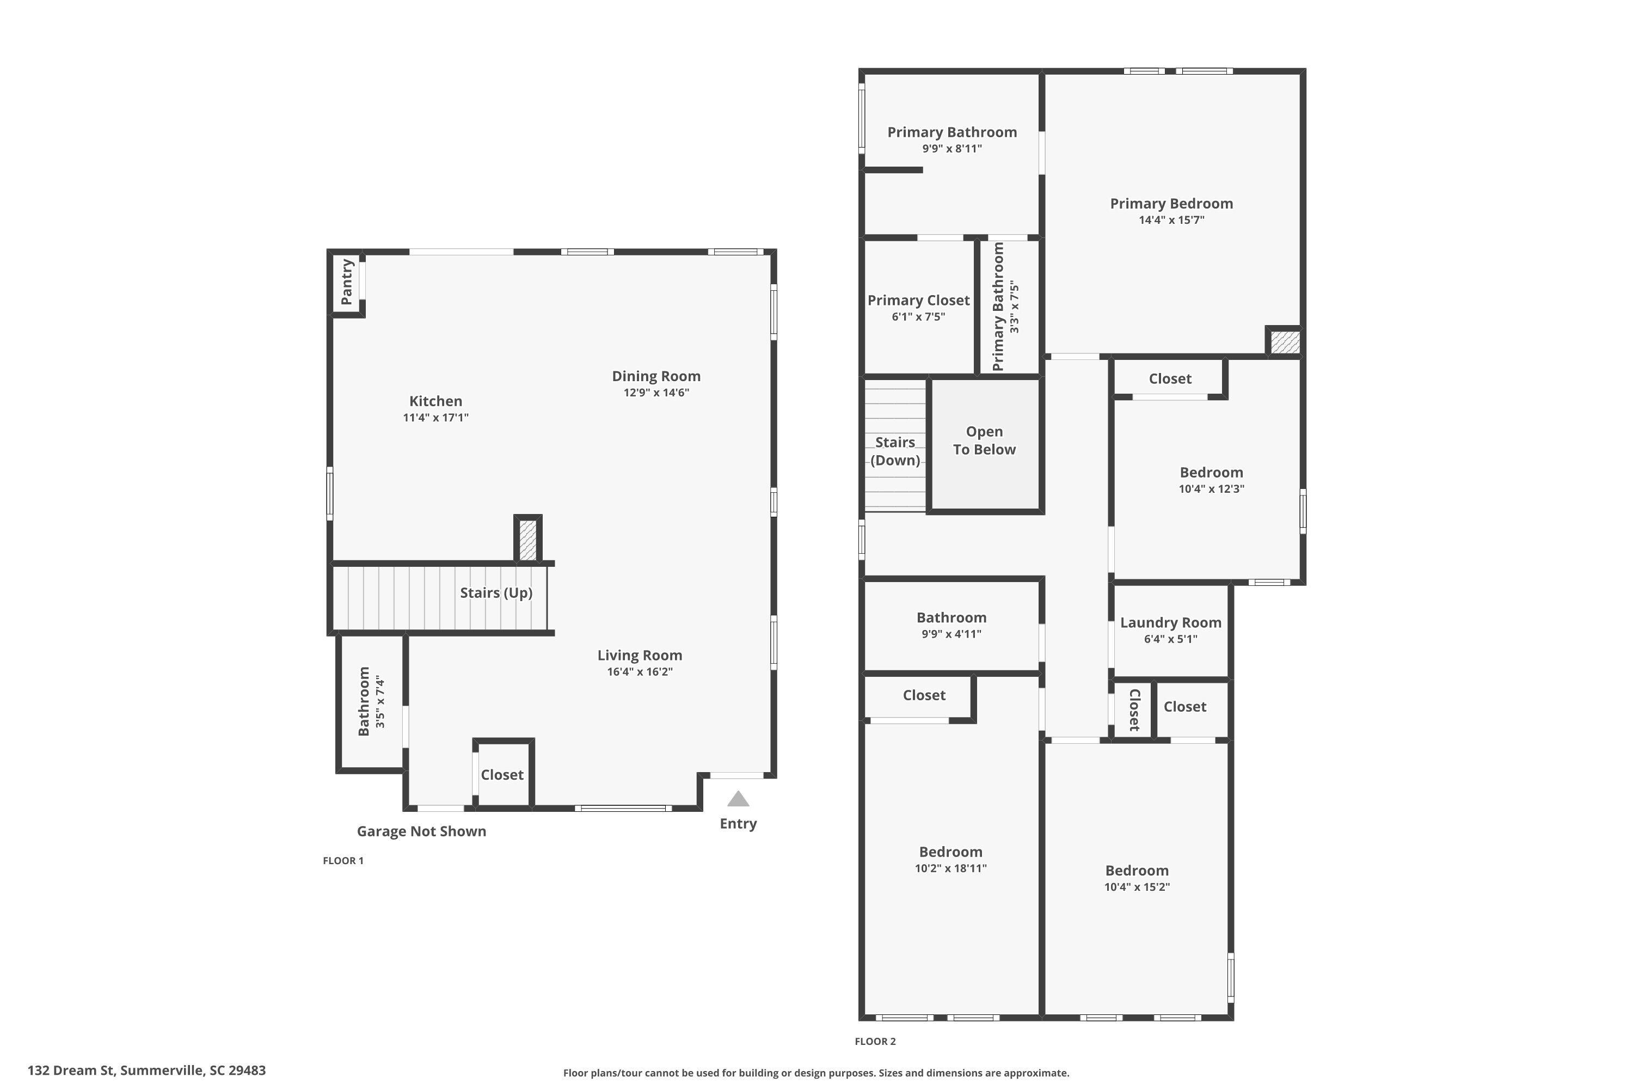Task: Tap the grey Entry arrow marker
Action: [738, 799]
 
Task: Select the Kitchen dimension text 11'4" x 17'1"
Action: [435, 418]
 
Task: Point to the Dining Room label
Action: [655, 376]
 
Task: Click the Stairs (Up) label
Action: [496, 592]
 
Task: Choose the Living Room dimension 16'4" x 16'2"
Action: [640, 671]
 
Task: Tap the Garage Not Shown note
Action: [421, 831]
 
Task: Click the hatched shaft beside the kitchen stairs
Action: [527, 540]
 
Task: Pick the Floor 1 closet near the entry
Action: [502, 774]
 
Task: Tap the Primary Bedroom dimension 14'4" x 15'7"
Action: [1171, 220]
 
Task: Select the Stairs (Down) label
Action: [895, 451]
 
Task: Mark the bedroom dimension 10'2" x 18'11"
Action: [950, 868]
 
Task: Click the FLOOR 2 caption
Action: [875, 1041]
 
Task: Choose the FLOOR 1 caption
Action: [343, 860]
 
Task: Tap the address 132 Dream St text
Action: [146, 1070]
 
